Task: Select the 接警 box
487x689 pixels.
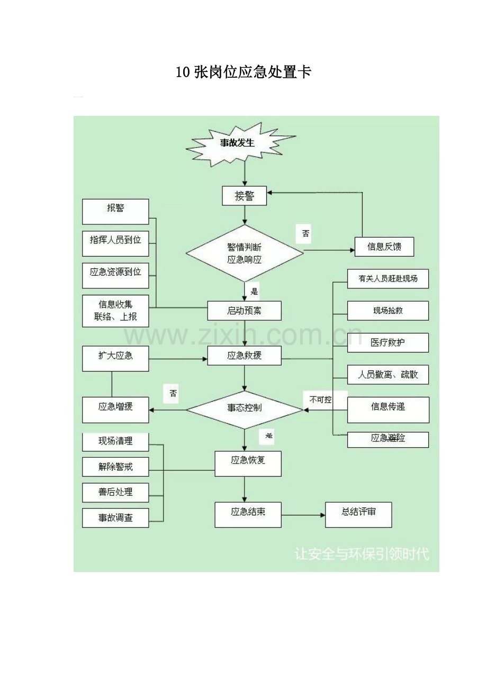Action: (244, 196)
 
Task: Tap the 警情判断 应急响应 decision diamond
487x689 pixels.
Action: (245, 253)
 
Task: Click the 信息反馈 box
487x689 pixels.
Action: (384, 247)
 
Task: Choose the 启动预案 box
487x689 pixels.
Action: (244, 311)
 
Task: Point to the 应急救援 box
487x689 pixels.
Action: (244, 356)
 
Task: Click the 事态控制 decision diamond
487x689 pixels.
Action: (245, 410)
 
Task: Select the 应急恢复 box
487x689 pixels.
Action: (248, 464)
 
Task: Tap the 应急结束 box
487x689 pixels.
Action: (248, 515)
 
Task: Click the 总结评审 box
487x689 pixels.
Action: (358, 515)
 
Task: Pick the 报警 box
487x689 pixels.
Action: (115, 212)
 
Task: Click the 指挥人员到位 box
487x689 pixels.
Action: (115, 243)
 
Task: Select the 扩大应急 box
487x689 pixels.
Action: (115, 359)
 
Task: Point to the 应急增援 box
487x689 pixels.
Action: (115, 410)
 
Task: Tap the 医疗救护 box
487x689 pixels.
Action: (388, 343)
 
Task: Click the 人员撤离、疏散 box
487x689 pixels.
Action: (388, 375)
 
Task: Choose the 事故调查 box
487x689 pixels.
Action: (115, 518)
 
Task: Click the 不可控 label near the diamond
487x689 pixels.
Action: (321, 400)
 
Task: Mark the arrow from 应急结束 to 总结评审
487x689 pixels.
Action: (303, 515)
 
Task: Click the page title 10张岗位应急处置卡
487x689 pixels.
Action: (243, 72)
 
